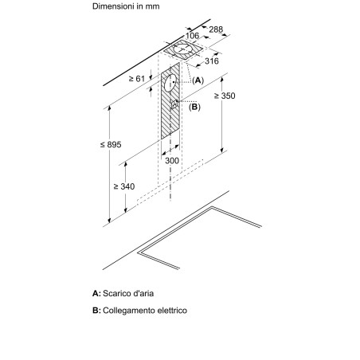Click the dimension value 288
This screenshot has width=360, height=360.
pos(216,29)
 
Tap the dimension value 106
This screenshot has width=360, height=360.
pos(192,36)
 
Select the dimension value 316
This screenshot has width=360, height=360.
pos(212,61)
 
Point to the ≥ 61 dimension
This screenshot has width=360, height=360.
pos(137,79)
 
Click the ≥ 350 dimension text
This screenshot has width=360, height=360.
pos(225,96)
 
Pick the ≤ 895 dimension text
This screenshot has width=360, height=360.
pos(111,145)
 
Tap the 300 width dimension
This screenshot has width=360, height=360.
pos(172,161)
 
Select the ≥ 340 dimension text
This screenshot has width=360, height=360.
pos(124,186)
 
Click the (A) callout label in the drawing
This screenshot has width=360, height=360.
pos(198,80)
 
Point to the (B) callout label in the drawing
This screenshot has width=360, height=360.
pos(194,107)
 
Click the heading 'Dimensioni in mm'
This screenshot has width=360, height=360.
pos(126,6)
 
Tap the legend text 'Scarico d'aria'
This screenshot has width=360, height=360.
pos(128,293)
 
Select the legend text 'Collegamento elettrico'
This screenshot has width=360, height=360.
pos(145,311)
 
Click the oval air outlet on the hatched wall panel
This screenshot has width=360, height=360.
pos(170,83)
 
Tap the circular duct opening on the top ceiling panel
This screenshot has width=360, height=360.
pos(183,49)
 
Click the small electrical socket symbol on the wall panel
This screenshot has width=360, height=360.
pos(174,104)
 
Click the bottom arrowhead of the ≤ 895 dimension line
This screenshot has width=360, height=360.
pos(109,221)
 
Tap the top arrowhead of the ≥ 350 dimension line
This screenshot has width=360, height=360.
pos(222,80)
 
